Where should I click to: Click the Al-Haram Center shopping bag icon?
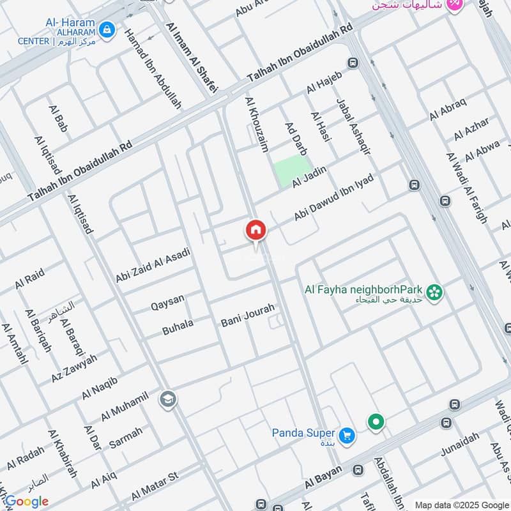pos(107,29)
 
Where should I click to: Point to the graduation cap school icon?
pos(169,399)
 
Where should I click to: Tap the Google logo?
pos(26,501)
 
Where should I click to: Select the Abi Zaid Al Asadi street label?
pos(153,266)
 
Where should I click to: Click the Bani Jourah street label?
pos(247,315)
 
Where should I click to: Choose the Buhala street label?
pos(178,327)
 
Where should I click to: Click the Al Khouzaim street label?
pos(257,125)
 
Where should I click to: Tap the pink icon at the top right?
pos(454,5)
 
